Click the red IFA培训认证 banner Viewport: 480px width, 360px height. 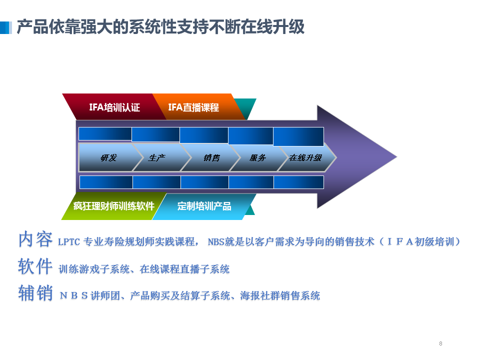(114, 106)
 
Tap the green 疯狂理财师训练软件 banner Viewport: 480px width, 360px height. (114, 206)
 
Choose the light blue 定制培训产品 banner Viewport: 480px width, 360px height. (204, 206)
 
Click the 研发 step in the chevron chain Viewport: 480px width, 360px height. (109, 157)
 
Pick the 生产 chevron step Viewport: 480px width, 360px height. (157, 157)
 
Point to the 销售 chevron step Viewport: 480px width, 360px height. (211, 157)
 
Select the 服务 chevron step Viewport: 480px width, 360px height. (258, 157)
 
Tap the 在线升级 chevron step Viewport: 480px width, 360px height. (305, 157)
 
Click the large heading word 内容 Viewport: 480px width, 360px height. (35, 239)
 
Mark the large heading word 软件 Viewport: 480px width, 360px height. (35, 266)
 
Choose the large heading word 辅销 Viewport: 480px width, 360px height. (35, 293)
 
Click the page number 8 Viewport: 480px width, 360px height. (440, 343)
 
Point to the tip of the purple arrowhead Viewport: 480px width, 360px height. (397, 157)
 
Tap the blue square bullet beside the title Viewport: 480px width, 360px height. (6, 27)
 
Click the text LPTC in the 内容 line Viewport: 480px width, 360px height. (69, 242)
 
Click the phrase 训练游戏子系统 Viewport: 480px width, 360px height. (94, 269)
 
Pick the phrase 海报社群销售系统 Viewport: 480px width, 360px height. (280, 295)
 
